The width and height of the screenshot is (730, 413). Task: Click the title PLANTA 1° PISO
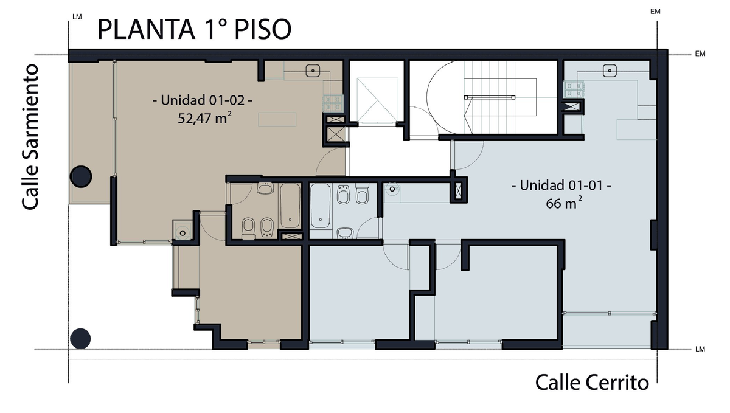tap(194, 29)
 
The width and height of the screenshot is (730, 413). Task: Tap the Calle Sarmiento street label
tap(30, 137)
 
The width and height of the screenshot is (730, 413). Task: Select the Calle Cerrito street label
tap(592, 383)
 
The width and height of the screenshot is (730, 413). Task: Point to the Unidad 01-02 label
tap(203, 100)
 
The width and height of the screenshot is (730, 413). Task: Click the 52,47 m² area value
tap(204, 118)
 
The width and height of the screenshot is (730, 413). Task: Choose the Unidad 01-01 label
tap(561, 186)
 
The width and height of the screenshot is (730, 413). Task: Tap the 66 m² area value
tap(564, 203)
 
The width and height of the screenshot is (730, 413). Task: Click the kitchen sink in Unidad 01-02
tap(313, 71)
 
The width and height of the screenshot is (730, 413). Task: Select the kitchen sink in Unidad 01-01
tap(610, 71)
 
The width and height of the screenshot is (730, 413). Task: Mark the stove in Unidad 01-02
tap(333, 102)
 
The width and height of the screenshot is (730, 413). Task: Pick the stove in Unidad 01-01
tap(574, 89)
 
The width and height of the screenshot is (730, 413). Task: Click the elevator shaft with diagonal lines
tap(377, 99)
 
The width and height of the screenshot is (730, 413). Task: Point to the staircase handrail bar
tap(490, 97)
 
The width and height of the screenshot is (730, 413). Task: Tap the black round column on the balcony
tap(81, 176)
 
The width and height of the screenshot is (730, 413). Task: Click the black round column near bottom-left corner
tap(80, 338)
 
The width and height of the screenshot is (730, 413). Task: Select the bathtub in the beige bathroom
tap(290, 206)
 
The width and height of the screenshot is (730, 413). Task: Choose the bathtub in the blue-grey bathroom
tap(321, 206)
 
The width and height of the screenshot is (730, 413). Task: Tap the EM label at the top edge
tap(655, 12)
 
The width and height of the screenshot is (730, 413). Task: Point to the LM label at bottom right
tap(700, 349)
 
